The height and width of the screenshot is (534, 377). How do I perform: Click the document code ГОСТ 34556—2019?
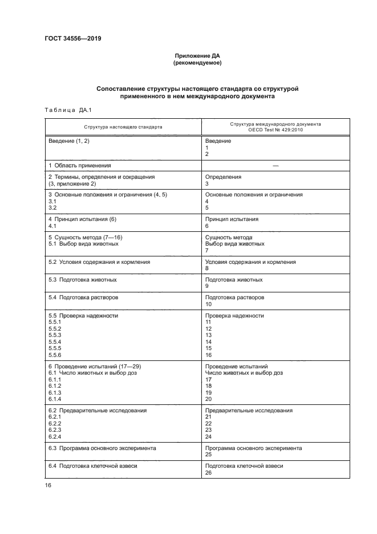(69, 38)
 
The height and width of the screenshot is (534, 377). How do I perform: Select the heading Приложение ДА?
(197, 55)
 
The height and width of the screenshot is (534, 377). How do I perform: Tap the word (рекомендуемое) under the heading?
(197, 63)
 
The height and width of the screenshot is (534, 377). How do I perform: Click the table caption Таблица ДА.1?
(63, 110)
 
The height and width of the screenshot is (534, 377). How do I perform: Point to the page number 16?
(48, 485)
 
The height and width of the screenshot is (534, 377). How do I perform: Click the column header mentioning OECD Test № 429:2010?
(275, 130)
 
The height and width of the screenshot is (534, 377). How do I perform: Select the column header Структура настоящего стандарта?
(123, 127)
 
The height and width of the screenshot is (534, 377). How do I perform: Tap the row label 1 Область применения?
(79, 165)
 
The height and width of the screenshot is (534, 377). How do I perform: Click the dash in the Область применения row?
(275, 165)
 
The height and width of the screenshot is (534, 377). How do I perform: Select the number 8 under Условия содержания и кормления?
(207, 268)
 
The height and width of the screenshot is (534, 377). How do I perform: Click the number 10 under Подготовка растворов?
(208, 304)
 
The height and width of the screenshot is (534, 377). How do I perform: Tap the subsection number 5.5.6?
(55, 355)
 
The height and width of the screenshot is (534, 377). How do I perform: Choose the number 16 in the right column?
(208, 355)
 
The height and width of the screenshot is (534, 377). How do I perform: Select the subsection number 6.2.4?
(55, 437)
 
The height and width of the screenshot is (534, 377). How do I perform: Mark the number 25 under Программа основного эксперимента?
(208, 455)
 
